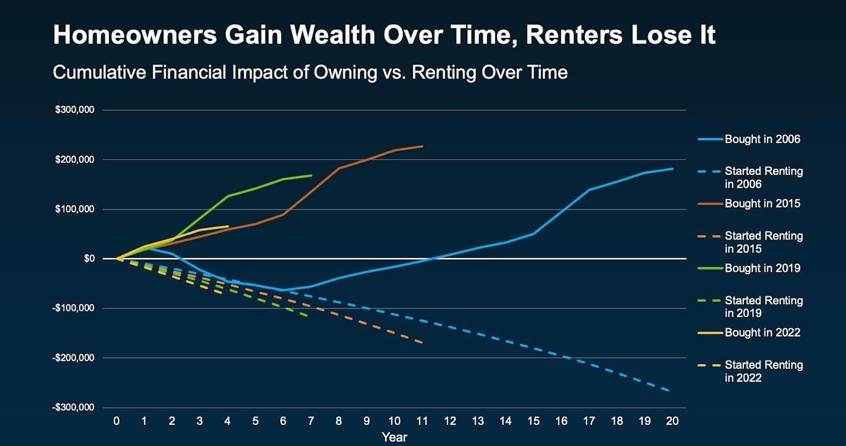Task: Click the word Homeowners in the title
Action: pyautogui.click(x=135, y=35)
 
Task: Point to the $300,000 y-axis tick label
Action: pyautogui.click(x=75, y=110)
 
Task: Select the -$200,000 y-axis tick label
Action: pyautogui.click(x=73, y=358)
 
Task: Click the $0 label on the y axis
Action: pyautogui.click(x=89, y=258)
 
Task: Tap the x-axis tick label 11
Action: pyautogui.click(x=422, y=421)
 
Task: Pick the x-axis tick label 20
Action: pyautogui.click(x=672, y=421)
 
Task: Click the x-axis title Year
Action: pyautogui.click(x=394, y=437)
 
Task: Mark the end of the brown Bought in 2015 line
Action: pyautogui.click(x=422, y=146)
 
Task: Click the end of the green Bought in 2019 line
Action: pyautogui.click(x=311, y=175)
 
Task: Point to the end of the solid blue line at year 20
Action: pyautogui.click(x=673, y=169)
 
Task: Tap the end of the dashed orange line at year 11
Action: pyautogui.click(x=422, y=343)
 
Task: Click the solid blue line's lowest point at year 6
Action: pyautogui.click(x=283, y=290)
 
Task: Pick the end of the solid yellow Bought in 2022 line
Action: pyautogui.click(x=228, y=226)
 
